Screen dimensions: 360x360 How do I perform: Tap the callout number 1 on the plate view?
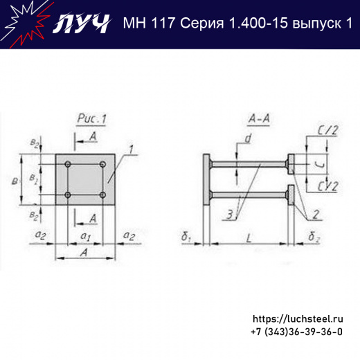(129, 149)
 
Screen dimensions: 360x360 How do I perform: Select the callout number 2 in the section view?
(314, 214)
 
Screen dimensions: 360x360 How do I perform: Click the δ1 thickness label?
(186, 239)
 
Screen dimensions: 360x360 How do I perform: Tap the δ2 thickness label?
(314, 239)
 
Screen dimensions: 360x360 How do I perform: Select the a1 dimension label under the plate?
(84, 237)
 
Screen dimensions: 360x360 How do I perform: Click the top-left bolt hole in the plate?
(68, 164)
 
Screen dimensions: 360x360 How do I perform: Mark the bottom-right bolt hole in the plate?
(102, 195)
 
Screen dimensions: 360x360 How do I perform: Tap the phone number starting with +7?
(296, 332)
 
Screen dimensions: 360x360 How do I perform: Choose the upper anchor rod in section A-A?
(249, 165)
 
